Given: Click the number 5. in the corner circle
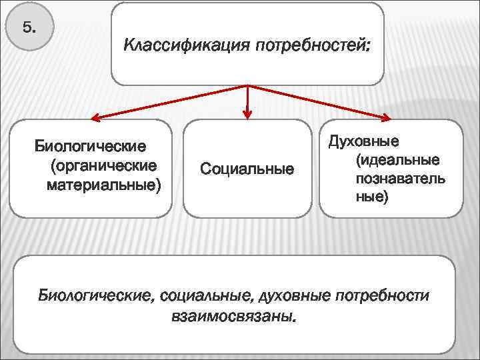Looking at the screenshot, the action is tap(29, 28).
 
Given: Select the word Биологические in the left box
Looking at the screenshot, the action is tap(91, 146).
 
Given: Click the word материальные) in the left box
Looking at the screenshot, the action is tap(103, 183).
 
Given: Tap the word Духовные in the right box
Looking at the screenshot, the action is tap(363, 141).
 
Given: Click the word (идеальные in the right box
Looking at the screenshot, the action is tap(397, 160).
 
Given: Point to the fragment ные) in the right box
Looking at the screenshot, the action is tap(371, 197).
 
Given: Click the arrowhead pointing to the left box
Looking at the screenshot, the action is tap(95, 119).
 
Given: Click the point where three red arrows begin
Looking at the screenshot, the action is tap(248, 87).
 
